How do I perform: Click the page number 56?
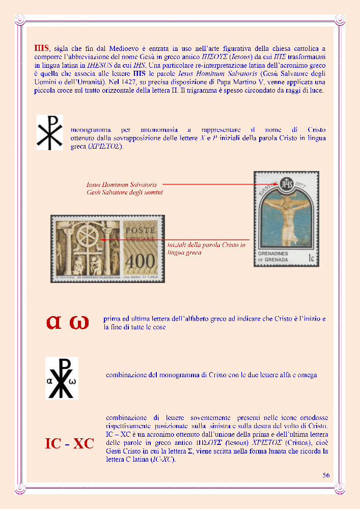326,475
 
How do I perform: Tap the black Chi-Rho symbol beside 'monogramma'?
49,132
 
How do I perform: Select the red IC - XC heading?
69,444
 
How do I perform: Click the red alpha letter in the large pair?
54,322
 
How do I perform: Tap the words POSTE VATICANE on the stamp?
140,235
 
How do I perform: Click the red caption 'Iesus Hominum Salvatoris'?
122,184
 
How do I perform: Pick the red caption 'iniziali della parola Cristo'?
206,245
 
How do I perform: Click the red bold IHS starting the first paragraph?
42,48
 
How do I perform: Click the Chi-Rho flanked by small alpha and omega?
62,378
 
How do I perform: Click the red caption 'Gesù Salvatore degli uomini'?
125,192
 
